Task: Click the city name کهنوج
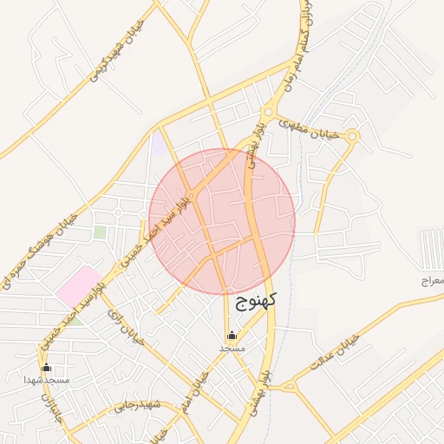pos(256,301)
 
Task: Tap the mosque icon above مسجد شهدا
pos(46,368)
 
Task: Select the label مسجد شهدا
pos(46,381)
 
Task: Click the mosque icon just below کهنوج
pos(232,336)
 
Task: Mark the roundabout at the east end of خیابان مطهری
pos(352,135)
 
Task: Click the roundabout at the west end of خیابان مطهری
pos(267,112)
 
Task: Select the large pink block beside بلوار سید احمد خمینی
pos(79,285)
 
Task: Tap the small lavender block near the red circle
pos(160,144)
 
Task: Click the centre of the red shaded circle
pos(222,221)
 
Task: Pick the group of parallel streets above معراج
pos(431,246)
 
